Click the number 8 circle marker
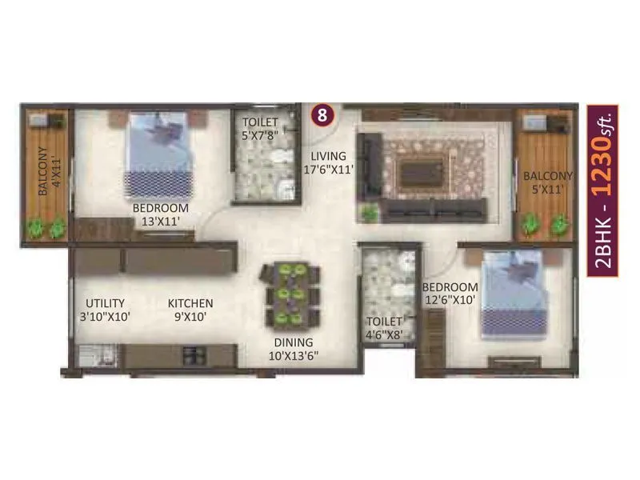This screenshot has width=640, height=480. tap(322, 114)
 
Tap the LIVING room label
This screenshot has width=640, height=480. tap(329, 156)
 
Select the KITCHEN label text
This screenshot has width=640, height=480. tap(190, 303)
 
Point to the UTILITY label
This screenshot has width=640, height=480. tap(105, 303)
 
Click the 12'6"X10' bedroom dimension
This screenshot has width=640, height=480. tap(450, 300)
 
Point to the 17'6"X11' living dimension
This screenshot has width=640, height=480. tap(329, 169)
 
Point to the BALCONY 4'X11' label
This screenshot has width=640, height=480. tap(46, 171)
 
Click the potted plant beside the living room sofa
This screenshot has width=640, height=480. tap(369, 213)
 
